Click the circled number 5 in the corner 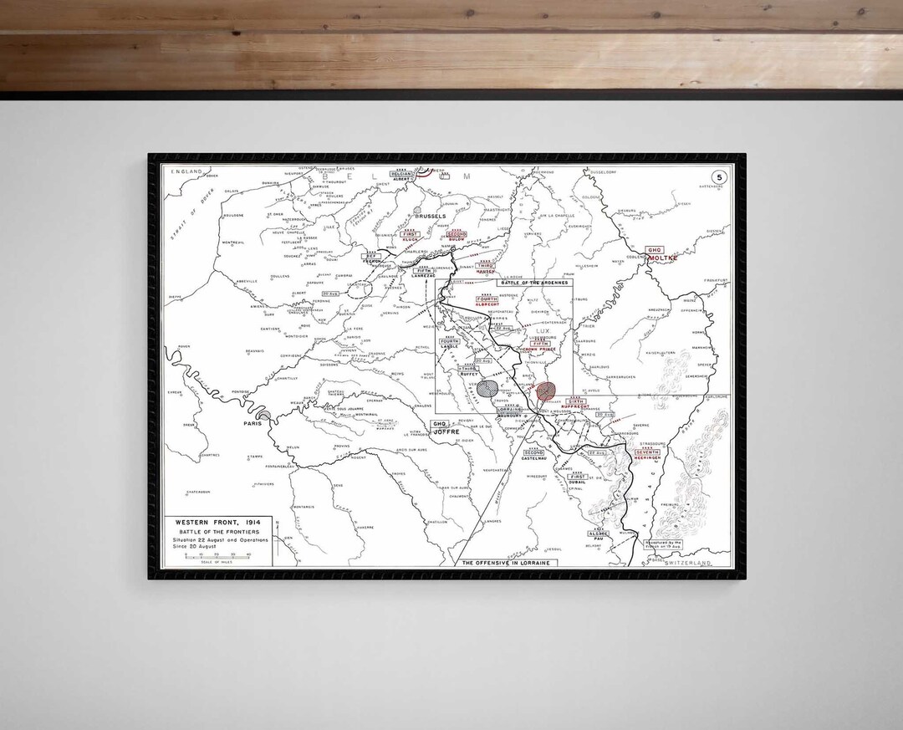(718, 176)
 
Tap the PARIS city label (253, 423)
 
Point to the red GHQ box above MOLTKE (654, 250)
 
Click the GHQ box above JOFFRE (439, 424)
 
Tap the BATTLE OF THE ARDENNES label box (535, 283)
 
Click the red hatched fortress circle (546, 390)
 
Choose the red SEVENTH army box (647, 452)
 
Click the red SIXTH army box (575, 402)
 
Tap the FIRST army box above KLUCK (410, 235)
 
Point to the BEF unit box (370, 256)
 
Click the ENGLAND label (187, 171)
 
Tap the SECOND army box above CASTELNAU (533, 452)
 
